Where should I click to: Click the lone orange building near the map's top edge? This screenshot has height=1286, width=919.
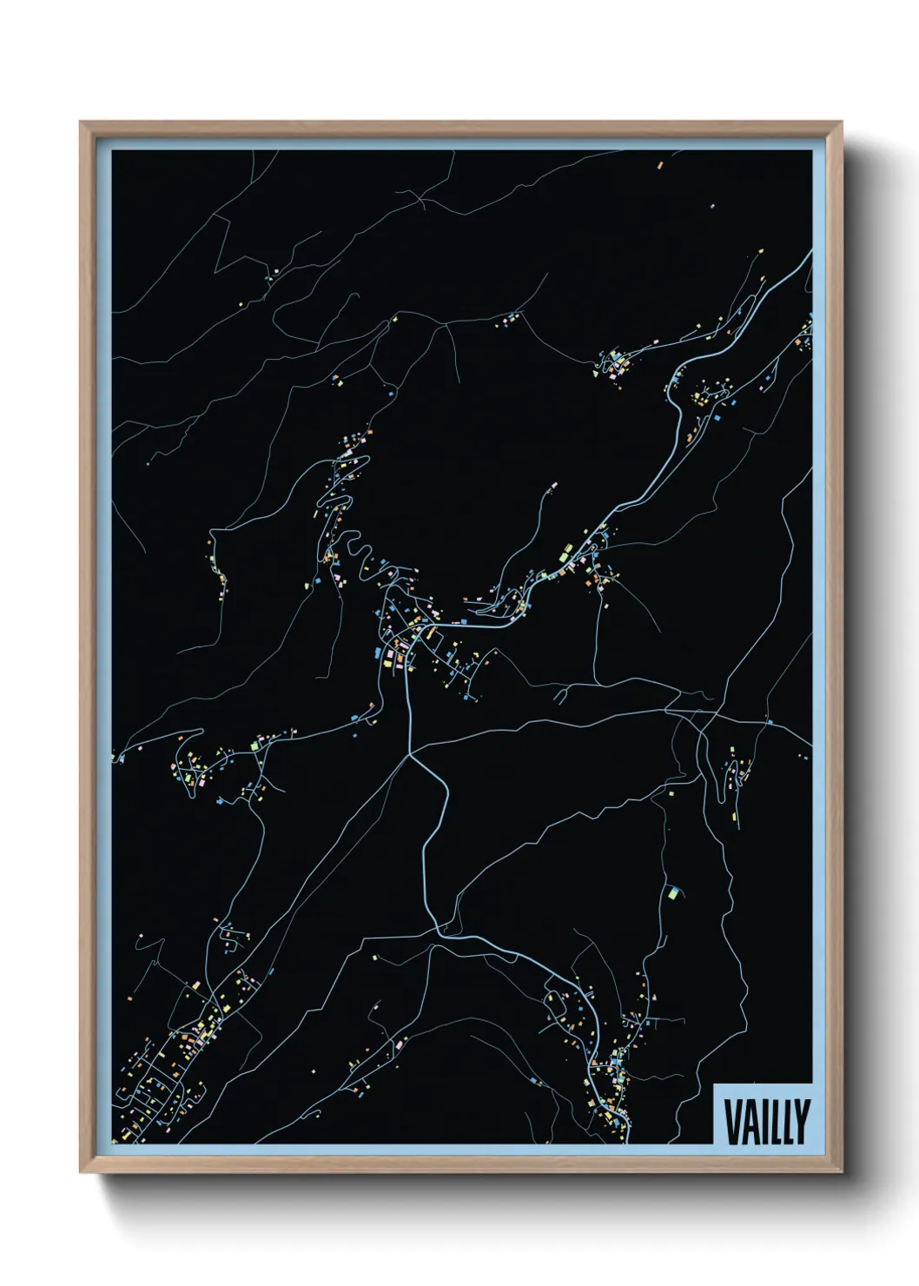click(x=659, y=162)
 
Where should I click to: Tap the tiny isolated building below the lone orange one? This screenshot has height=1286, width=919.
click(x=712, y=207)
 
